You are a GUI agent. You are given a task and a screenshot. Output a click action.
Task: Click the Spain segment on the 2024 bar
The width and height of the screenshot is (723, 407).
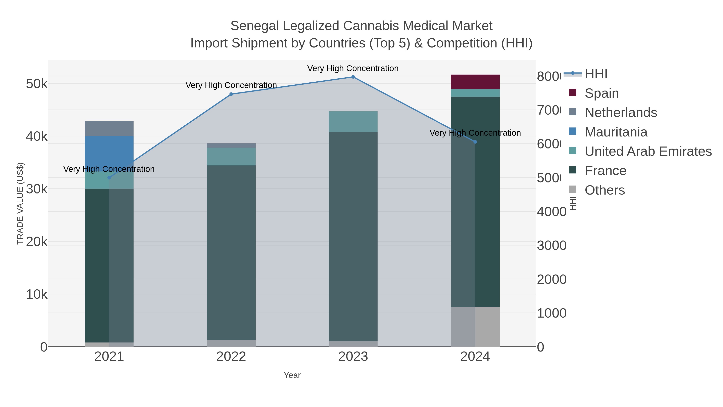point(475,82)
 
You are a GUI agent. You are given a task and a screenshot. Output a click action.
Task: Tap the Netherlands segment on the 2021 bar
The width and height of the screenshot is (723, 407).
point(109,128)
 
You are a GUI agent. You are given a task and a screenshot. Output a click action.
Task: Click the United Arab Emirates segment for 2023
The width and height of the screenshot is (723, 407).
point(353,121)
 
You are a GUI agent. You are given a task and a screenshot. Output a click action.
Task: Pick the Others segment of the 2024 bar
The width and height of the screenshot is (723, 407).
point(475,326)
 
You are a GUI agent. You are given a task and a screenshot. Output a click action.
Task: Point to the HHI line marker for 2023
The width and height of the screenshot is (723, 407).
point(353,77)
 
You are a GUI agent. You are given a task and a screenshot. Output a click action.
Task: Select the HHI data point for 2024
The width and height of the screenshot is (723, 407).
point(475,142)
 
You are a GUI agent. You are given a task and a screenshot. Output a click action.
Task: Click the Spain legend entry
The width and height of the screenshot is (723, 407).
point(601,93)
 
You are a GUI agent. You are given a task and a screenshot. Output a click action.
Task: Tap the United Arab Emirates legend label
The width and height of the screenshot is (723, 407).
point(648,151)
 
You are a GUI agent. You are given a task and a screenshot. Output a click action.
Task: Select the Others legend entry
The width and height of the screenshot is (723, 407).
point(605,190)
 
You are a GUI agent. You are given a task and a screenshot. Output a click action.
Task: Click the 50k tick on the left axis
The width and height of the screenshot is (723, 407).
point(37,84)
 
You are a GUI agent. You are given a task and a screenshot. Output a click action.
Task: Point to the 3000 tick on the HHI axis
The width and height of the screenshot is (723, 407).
point(551,245)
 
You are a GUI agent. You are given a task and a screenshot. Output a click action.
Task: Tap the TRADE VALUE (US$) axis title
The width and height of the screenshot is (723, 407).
point(20,203)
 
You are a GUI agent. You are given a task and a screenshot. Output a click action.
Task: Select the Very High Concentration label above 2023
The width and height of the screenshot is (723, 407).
point(353,68)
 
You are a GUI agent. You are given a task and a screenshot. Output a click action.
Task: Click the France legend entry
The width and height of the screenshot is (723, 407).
point(605,170)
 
